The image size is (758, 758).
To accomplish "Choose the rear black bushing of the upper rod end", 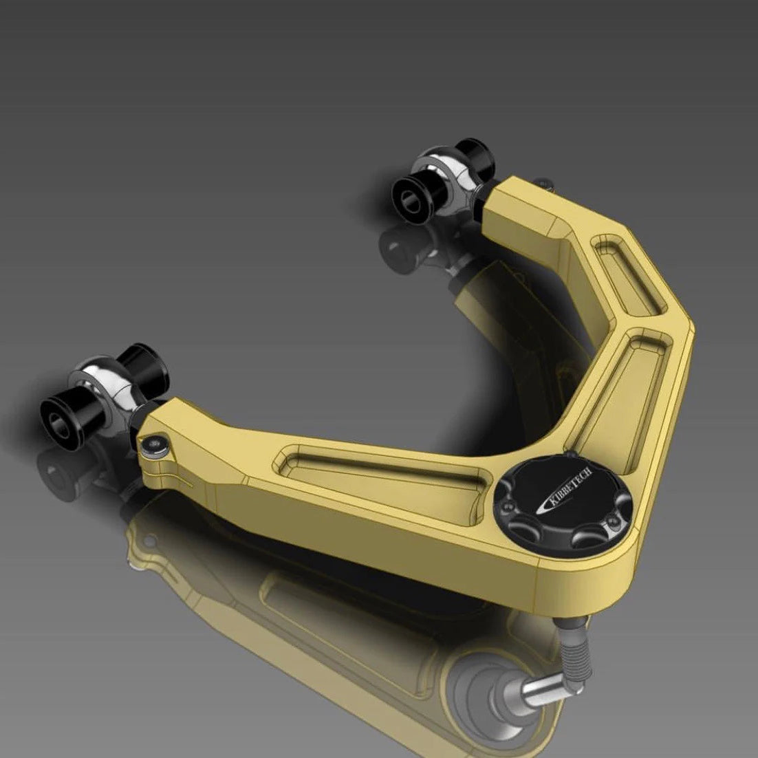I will (475, 155).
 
